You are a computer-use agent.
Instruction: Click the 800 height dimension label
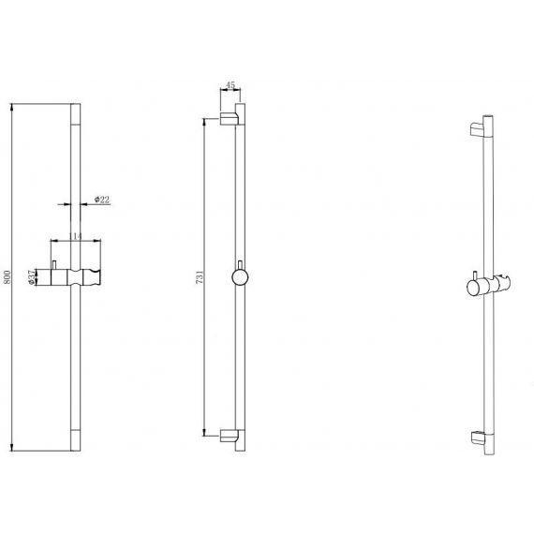(x=7, y=277)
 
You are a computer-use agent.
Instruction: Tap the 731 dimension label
(x=200, y=277)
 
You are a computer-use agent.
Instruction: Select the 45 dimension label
(x=230, y=85)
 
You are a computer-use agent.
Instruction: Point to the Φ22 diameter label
(x=102, y=200)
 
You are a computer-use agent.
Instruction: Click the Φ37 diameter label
(x=31, y=277)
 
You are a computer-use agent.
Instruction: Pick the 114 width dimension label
(x=76, y=236)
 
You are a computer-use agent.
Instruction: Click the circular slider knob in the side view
(x=240, y=277)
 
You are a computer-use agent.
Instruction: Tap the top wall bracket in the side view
(x=229, y=119)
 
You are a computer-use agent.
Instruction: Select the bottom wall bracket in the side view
(x=229, y=436)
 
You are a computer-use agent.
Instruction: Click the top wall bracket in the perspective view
(x=477, y=130)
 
